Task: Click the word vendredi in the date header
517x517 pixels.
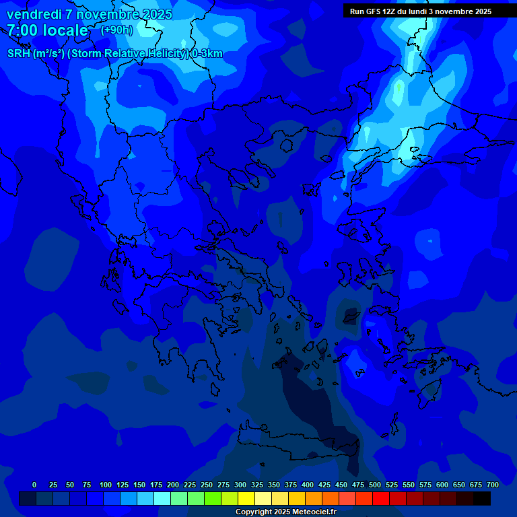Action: tap(34, 14)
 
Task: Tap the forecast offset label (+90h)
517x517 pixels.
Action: tap(116, 30)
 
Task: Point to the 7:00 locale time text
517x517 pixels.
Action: tap(47, 30)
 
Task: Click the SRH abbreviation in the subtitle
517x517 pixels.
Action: tap(19, 54)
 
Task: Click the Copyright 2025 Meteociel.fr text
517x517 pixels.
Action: tap(285, 512)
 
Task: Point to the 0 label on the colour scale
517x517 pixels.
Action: tap(34, 485)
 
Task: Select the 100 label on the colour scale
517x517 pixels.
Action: tap(106, 485)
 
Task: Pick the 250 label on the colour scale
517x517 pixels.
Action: tap(207, 485)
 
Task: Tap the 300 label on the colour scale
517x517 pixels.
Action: tap(240, 485)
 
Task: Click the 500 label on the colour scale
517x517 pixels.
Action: tap(375, 485)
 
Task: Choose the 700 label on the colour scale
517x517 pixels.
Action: tap(492, 485)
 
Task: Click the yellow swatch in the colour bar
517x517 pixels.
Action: tap(246, 499)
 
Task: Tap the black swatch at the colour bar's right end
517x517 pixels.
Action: tap(482, 499)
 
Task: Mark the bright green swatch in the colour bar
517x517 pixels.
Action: tap(213, 499)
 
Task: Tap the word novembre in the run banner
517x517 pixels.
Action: tap(455, 11)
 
